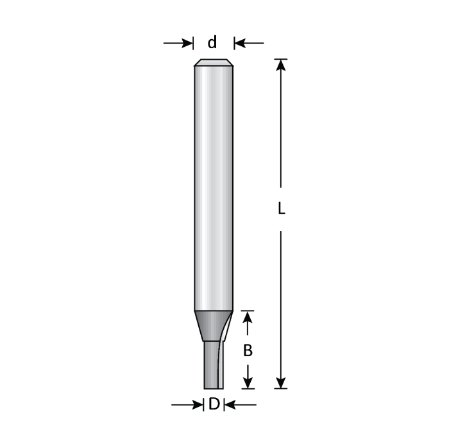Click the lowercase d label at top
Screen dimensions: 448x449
coord(212,42)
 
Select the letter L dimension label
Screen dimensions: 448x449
coord(281,209)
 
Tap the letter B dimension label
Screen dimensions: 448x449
coord(248,351)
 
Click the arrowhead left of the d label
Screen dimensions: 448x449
coord(188,43)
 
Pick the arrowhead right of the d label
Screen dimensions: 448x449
coord(239,43)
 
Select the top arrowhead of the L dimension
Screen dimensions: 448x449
coord(281,64)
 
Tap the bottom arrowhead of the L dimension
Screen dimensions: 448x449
coord(281,383)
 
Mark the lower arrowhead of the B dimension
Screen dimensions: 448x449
coord(248,383)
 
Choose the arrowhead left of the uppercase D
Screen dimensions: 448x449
coord(198,404)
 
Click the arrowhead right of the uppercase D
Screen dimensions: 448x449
coord(228,404)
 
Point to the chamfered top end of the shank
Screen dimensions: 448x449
coord(213,63)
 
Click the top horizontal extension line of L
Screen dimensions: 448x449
coord(281,59)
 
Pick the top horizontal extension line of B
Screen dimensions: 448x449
coord(248,311)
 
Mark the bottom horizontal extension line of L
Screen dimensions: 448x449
coord(280,389)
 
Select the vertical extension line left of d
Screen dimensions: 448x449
coord(194,43)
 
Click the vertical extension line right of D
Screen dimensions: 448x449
coord(223,404)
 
